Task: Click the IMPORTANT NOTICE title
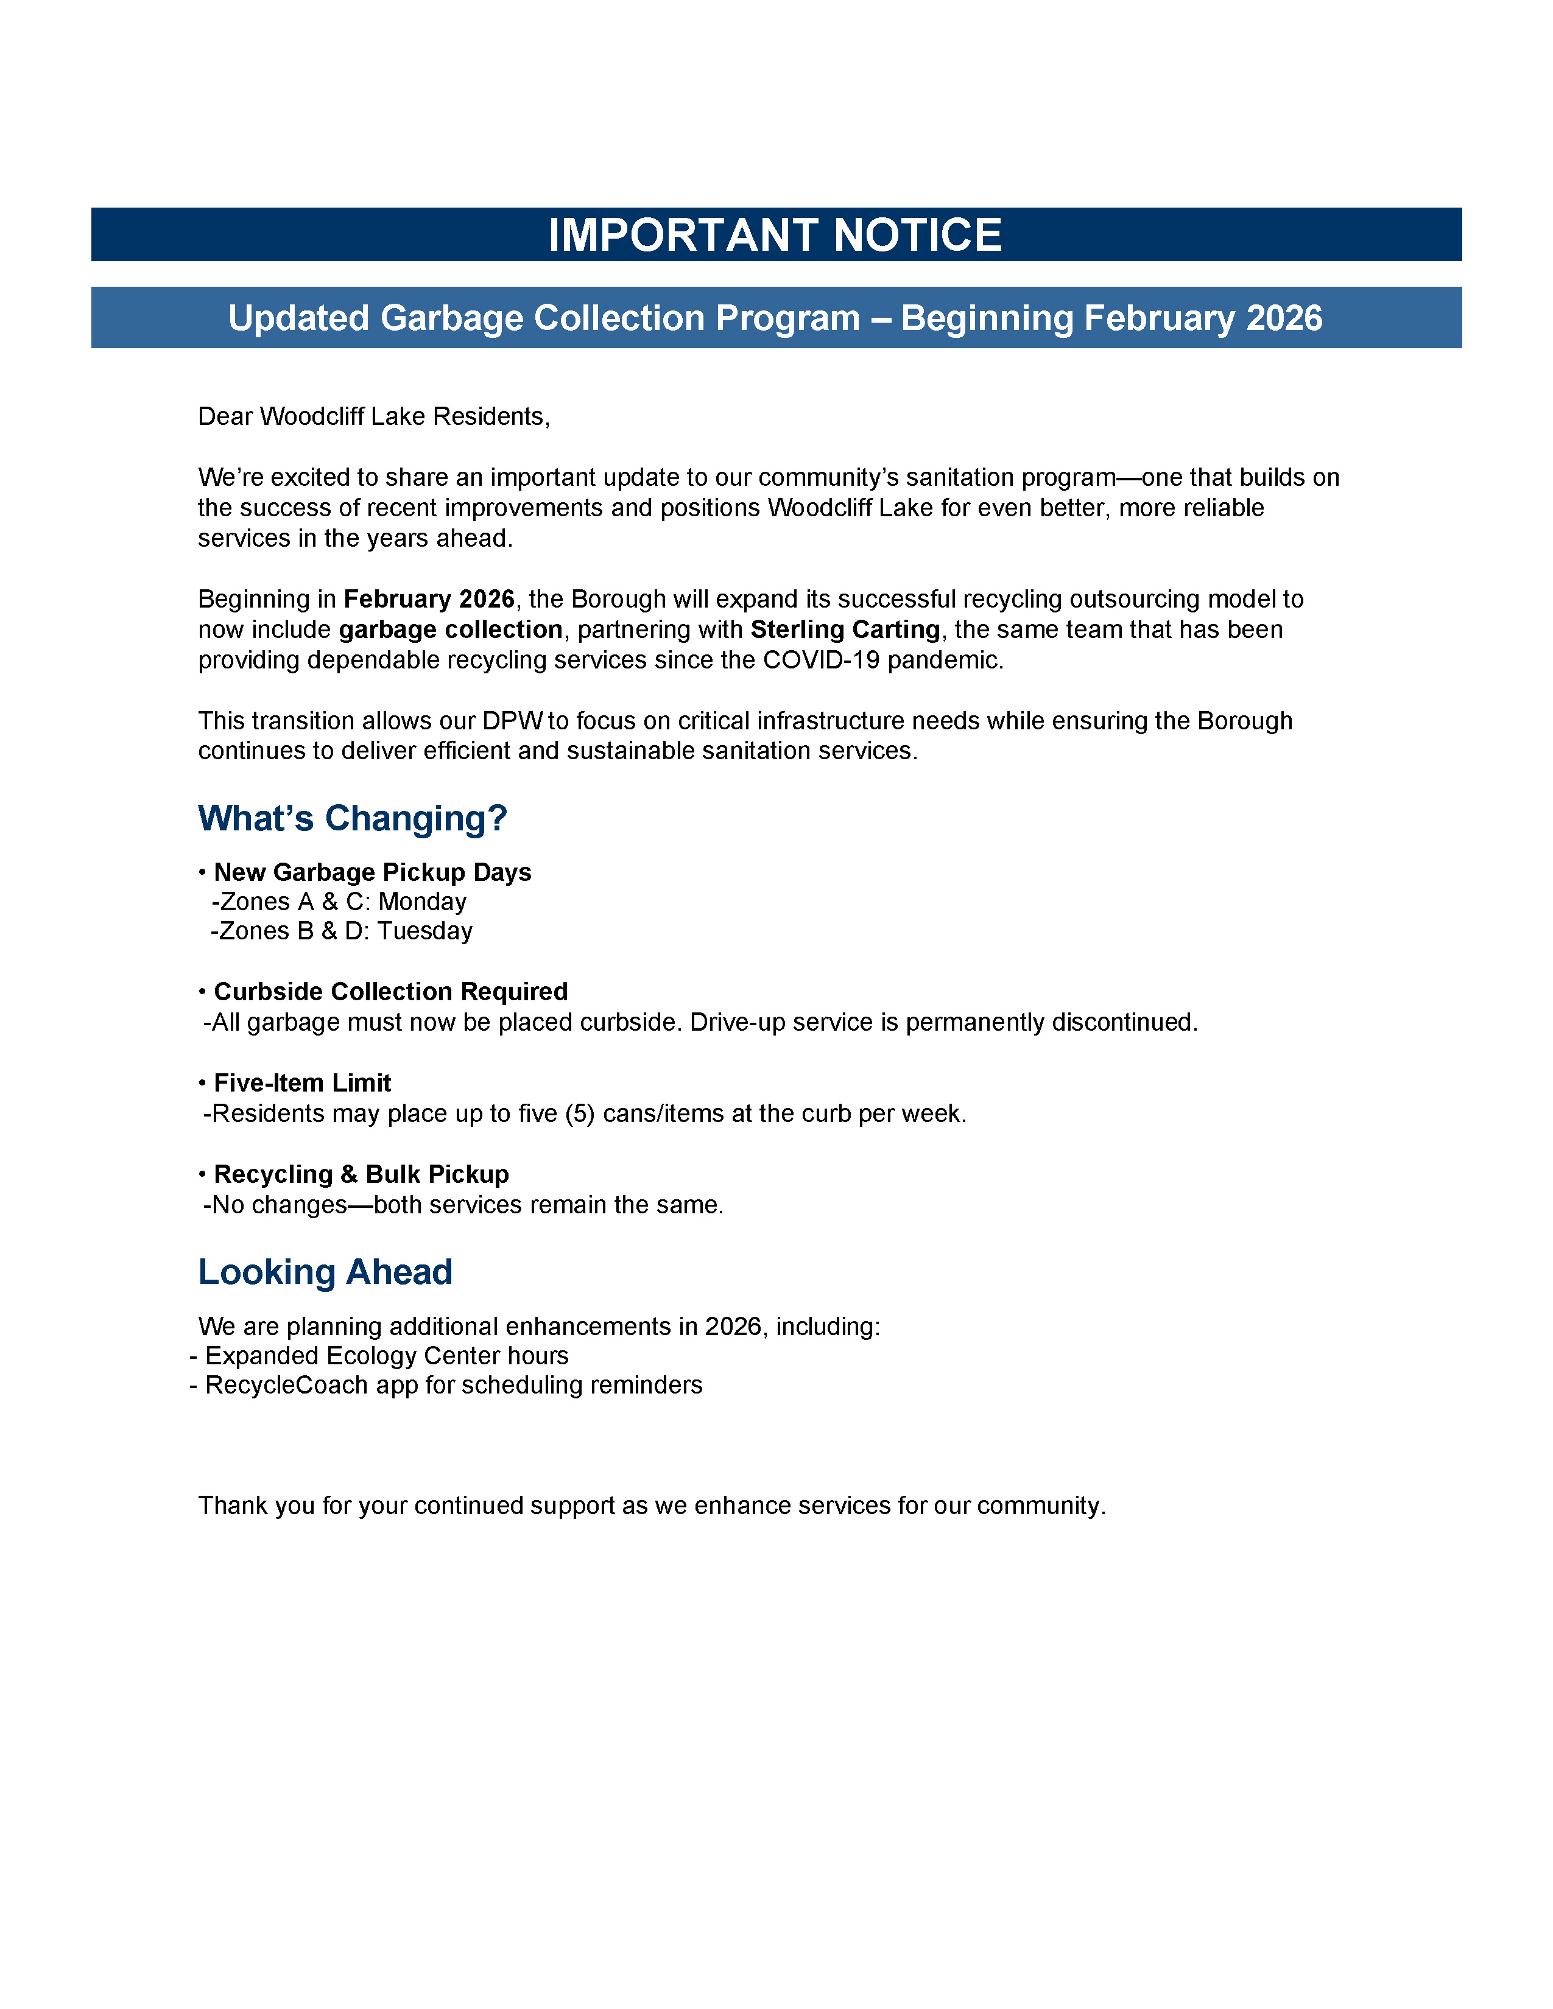[x=775, y=236]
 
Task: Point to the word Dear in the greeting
[x=225, y=416]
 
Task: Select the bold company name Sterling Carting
[x=845, y=630]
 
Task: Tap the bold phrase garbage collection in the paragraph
[x=451, y=630]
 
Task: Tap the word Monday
[x=422, y=902]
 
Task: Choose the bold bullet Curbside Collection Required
[x=391, y=992]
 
